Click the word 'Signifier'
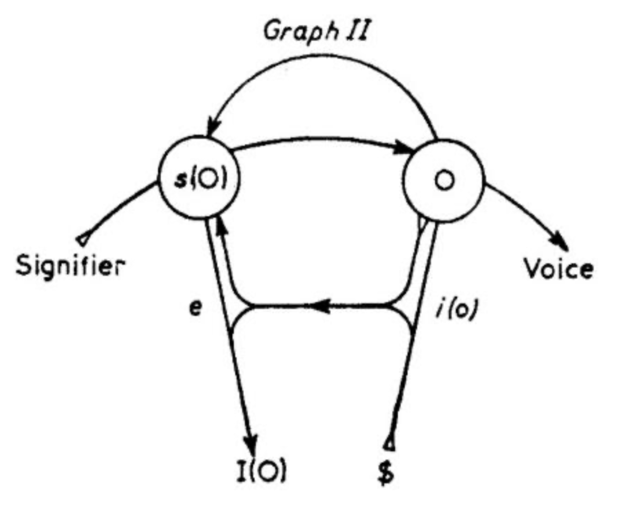[x=70, y=266]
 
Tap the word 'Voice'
[x=558, y=268]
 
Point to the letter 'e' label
[x=195, y=308]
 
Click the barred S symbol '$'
[x=386, y=471]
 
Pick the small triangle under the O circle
[x=422, y=224]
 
